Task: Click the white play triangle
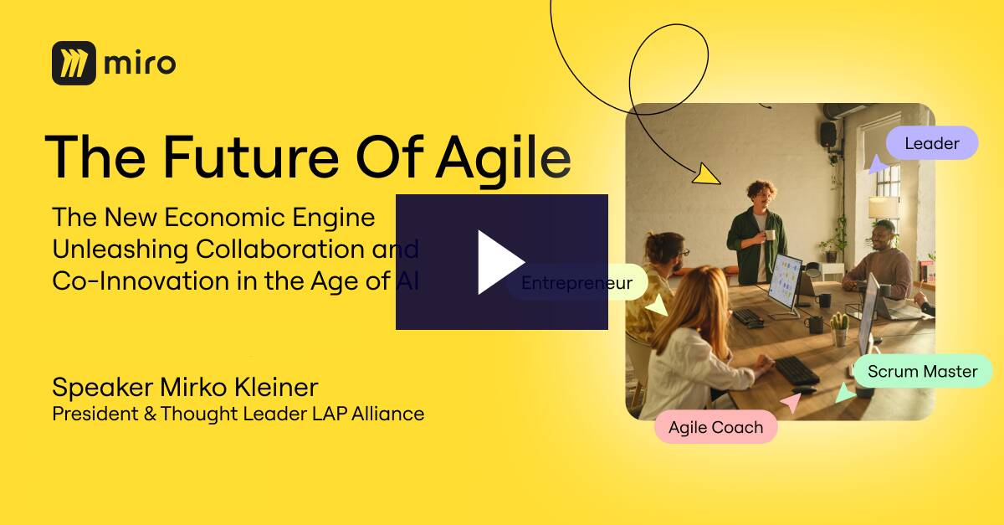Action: [x=498, y=262]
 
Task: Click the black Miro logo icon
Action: [x=74, y=64]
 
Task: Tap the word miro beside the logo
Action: [x=140, y=64]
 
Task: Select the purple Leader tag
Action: [x=932, y=143]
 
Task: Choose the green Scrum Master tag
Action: [x=922, y=371]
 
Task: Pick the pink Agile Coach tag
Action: [x=716, y=427]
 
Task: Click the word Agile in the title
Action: [x=504, y=159]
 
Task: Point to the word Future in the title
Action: [x=251, y=157]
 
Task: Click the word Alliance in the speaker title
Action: [x=387, y=414]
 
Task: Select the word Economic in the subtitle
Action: [x=224, y=217]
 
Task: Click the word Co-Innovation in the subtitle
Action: [x=141, y=281]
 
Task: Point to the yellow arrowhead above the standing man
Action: [x=705, y=174]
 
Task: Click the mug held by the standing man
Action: [x=770, y=234]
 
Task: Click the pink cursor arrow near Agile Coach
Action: [x=791, y=403]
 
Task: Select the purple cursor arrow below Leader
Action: [x=877, y=165]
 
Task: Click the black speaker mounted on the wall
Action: [x=828, y=134]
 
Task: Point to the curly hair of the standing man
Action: [x=761, y=188]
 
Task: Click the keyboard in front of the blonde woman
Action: [x=797, y=371]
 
